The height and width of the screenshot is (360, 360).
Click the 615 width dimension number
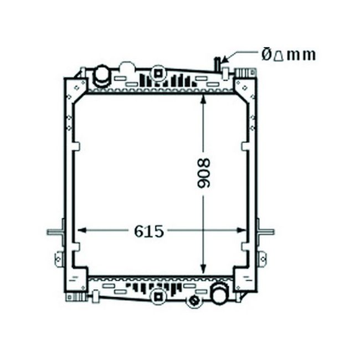tap(149, 231)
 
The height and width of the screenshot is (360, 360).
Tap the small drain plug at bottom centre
tap(194, 301)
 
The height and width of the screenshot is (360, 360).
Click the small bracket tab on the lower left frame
tap(58, 258)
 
